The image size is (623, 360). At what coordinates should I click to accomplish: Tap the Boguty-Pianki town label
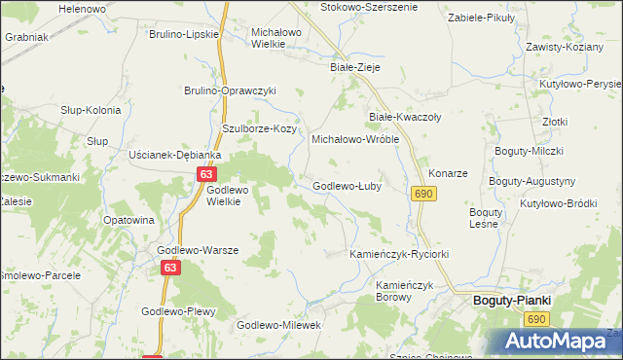coord(511,301)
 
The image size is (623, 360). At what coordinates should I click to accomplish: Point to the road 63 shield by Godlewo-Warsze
coord(171,268)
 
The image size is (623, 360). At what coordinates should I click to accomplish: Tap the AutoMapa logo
coord(553,342)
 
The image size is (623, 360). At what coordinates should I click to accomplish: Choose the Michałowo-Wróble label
coord(355,139)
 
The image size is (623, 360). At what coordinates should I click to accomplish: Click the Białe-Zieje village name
coord(354,68)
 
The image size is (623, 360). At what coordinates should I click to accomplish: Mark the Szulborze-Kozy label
coord(259,128)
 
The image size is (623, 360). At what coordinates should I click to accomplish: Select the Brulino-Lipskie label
coord(183,34)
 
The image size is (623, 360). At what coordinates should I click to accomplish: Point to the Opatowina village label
coord(128,220)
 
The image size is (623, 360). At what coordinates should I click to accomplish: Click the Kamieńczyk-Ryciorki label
coord(399,254)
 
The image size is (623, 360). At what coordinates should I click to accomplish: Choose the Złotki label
coord(556,122)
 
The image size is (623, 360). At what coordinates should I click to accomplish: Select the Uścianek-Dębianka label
coord(176,155)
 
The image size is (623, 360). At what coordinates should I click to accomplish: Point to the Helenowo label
coord(82,8)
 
